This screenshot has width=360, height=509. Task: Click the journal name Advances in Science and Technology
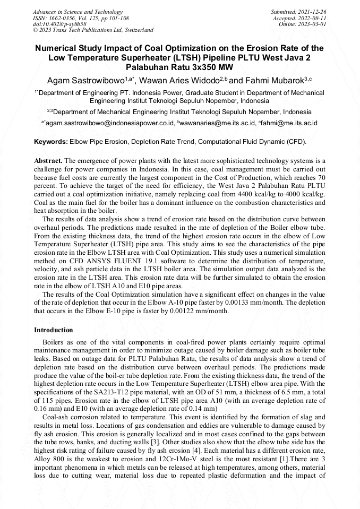tap(78, 12)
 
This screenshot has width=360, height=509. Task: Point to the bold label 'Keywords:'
tap(51, 142)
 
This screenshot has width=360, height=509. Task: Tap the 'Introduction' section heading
tap(54, 330)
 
